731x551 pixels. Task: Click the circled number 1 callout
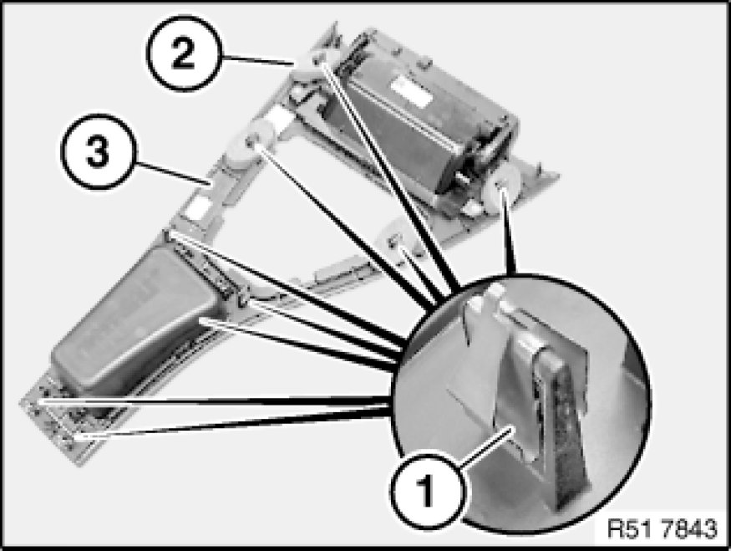[x=427, y=490]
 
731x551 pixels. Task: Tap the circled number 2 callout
[x=183, y=54]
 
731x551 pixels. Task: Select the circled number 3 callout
[x=99, y=151]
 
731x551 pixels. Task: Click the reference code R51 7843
[x=662, y=528]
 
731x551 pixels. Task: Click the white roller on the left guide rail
[x=250, y=142]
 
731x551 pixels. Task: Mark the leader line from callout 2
[x=256, y=59]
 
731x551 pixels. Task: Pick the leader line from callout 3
[x=172, y=172]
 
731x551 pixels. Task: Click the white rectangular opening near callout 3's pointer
[x=195, y=207]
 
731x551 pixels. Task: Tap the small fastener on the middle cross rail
[x=395, y=241]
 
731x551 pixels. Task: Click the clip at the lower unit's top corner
[x=170, y=235]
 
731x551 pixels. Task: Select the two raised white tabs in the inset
[x=484, y=298]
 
